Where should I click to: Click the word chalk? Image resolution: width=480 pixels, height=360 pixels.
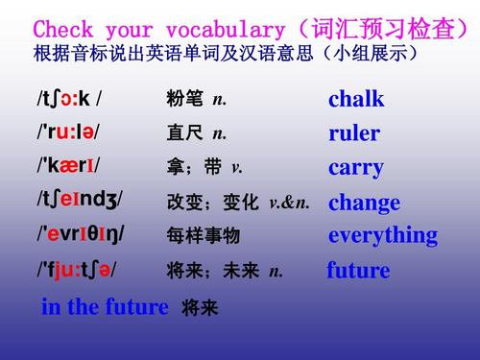pos(355,99)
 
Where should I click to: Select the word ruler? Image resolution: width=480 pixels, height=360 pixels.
pos(353,133)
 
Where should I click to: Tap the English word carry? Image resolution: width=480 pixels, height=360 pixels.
pos(355,168)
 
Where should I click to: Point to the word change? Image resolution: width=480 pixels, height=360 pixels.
pos(364,203)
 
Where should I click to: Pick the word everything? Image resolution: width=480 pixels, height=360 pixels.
pos(382,235)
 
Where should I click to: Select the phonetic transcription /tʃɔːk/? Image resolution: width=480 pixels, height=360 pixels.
pos(69,99)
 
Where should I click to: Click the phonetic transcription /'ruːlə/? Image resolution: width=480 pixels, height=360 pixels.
pos(68,133)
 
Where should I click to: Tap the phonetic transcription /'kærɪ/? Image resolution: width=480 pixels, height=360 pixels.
pos(68,167)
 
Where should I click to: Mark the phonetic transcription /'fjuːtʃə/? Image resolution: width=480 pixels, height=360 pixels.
pos(77,271)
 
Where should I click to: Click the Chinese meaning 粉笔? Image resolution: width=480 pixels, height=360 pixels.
pos(185,100)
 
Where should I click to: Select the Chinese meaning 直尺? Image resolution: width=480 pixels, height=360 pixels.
pos(185,134)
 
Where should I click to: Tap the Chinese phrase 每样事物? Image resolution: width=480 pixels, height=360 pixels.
pos(203,236)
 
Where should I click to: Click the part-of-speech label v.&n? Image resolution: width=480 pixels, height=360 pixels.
pos(289,203)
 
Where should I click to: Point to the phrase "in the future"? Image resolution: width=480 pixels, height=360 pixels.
pos(105,307)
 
